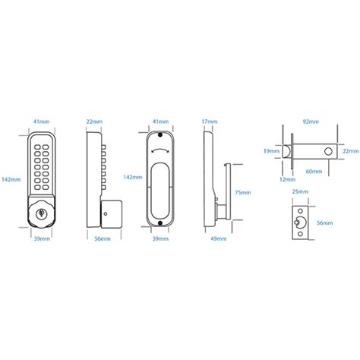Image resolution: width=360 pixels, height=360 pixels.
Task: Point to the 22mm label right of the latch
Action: point(349,151)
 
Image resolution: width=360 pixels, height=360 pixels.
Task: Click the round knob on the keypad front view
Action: point(40,214)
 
